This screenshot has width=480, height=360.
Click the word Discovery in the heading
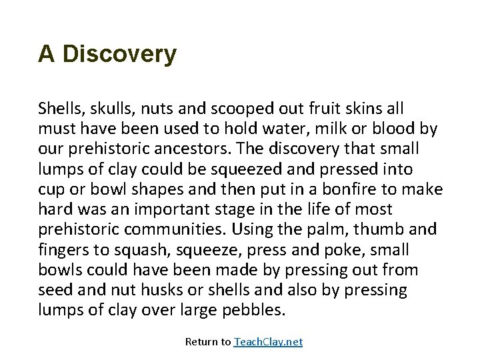pos(119,55)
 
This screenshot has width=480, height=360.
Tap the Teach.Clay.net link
pos(268,341)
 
